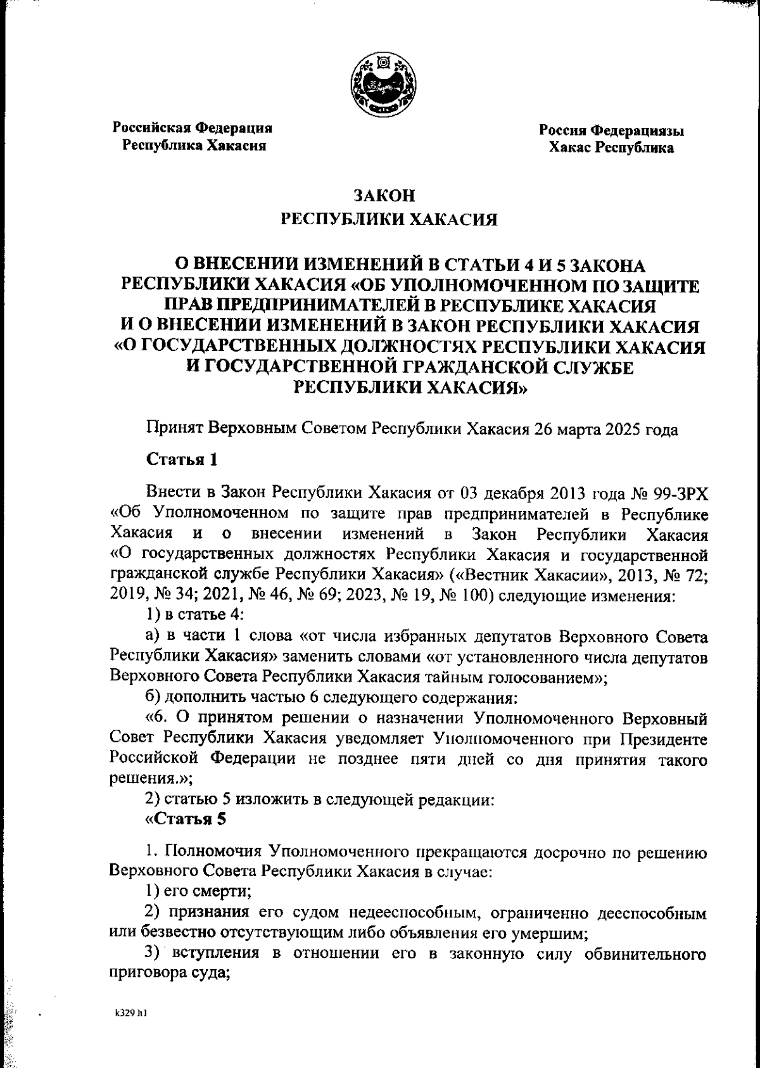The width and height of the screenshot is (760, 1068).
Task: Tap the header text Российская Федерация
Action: (x=193, y=127)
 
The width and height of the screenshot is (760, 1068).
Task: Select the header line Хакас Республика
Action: (x=611, y=148)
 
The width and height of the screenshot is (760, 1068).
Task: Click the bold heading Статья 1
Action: (x=182, y=459)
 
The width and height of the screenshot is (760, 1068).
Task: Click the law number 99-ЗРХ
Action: (x=678, y=493)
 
